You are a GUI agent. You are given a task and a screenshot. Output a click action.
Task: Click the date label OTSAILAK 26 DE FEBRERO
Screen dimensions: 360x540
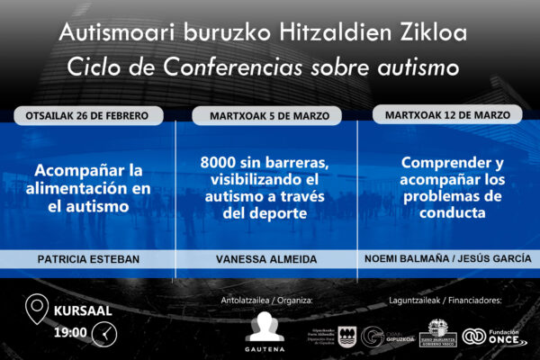tap(88, 116)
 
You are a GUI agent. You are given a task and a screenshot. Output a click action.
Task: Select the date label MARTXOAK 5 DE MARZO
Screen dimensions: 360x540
tap(266, 116)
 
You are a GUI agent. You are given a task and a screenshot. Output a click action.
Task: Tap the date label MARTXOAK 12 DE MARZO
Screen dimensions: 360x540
tap(446, 115)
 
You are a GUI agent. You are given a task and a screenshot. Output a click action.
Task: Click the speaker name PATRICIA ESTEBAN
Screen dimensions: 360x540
tap(88, 258)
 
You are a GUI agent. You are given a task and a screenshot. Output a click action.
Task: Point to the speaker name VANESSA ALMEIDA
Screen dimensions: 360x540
tap(266, 258)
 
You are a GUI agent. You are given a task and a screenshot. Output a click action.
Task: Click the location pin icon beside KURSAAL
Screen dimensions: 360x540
tap(38, 310)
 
